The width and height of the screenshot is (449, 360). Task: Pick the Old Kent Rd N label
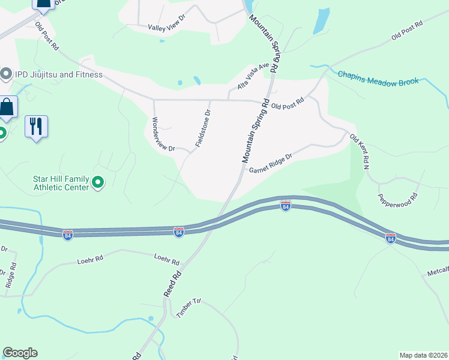(x=360, y=152)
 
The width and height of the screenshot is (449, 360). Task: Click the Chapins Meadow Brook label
(x=378, y=78)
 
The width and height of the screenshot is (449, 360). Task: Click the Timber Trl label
(x=187, y=307)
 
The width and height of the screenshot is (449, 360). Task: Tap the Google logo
(x=20, y=353)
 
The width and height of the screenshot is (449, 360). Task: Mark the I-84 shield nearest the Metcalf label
(x=391, y=238)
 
